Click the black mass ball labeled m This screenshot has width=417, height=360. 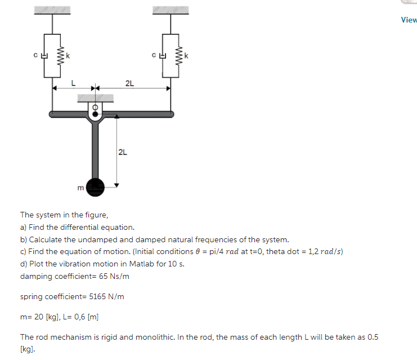[x=96, y=185]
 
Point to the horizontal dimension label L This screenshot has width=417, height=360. [x=72, y=83]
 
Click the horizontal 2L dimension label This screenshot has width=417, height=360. [x=129, y=83]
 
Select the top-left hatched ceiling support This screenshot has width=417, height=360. [x=52, y=10]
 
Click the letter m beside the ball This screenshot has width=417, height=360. [x=81, y=187]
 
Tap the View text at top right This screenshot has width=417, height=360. [x=409, y=20]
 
